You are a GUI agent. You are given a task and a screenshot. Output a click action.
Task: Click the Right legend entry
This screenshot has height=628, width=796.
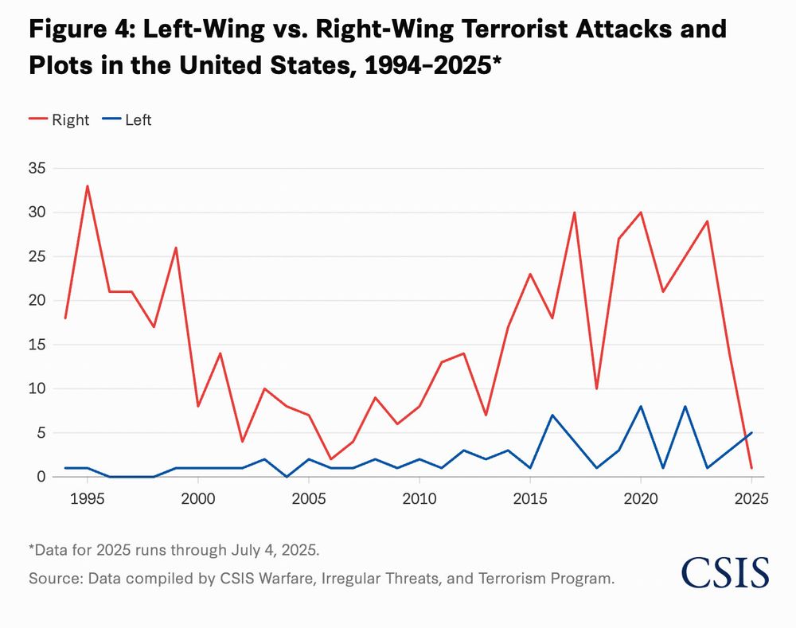(x=60, y=120)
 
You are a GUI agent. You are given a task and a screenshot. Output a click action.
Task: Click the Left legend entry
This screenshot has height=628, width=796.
(x=127, y=120)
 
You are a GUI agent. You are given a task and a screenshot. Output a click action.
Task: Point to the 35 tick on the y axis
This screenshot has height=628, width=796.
(x=38, y=169)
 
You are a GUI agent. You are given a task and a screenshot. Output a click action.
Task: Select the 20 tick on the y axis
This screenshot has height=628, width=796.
(x=38, y=301)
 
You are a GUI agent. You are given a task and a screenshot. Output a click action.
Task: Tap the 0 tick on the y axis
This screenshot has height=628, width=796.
(x=42, y=477)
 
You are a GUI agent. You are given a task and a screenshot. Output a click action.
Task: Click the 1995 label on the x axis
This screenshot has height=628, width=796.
(x=88, y=498)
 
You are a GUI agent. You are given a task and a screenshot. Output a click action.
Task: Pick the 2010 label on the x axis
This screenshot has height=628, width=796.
(x=418, y=498)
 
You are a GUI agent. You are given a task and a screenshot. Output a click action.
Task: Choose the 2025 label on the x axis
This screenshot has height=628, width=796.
(x=750, y=498)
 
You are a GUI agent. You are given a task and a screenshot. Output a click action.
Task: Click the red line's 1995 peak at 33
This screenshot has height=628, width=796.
(x=88, y=186)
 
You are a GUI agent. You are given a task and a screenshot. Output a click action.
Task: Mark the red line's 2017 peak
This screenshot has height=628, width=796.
(x=574, y=213)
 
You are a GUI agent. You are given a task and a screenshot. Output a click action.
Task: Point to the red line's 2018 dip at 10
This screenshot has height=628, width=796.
(x=596, y=388)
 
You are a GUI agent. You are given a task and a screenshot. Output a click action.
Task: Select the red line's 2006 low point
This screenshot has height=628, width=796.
(x=331, y=459)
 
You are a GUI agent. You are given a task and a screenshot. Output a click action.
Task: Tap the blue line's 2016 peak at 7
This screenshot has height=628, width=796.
(x=552, y=415)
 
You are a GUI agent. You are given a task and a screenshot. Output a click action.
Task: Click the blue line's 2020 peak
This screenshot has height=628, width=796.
(x=641, y=406)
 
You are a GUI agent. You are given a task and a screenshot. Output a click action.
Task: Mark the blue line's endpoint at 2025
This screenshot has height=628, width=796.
(x=751, y=433)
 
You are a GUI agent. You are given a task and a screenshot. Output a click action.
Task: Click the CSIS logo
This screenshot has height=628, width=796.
(x=724, y=572)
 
